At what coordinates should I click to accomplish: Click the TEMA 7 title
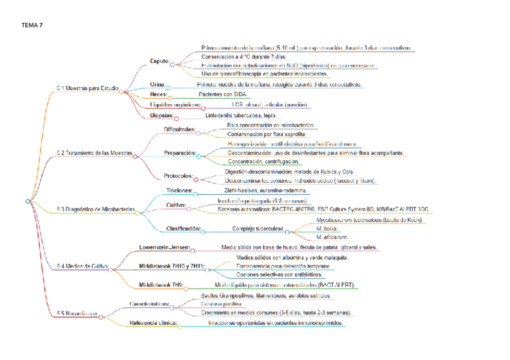(x=32, y=25)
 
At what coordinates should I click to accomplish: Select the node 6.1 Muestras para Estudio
(x=87, y=88)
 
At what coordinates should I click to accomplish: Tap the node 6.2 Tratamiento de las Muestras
(x=94, y=153)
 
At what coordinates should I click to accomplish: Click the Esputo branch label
(x=159, y=61)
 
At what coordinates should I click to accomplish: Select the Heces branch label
(x=158, y=94)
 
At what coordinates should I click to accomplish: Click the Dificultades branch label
(x=179, y=129)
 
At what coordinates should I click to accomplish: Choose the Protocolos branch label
(x=179, y=176)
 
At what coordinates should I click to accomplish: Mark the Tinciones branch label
(x=179, y=191)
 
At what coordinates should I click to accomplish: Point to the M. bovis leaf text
(x=327, y=228)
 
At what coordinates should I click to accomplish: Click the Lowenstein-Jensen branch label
(x=164, y=248)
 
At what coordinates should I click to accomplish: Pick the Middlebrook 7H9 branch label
(x=161, y=284)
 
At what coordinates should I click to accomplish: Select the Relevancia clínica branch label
(x=153, y=323)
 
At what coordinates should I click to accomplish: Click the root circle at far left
(x=28, y=201)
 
